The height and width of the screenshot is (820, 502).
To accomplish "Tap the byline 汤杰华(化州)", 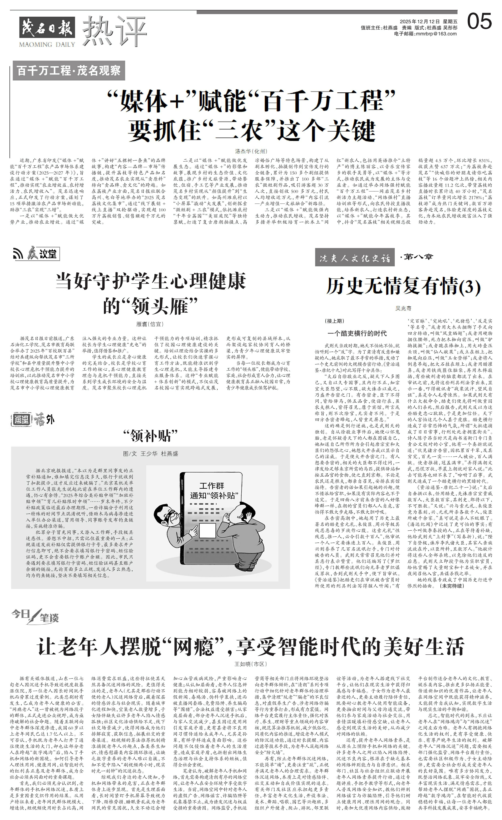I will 251,151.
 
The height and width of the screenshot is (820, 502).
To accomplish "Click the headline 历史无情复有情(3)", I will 403,286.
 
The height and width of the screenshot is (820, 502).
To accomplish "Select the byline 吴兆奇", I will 403,308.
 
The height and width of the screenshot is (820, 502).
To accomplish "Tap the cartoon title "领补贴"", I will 150,435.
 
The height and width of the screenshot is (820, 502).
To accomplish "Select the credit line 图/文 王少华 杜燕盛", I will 150,454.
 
